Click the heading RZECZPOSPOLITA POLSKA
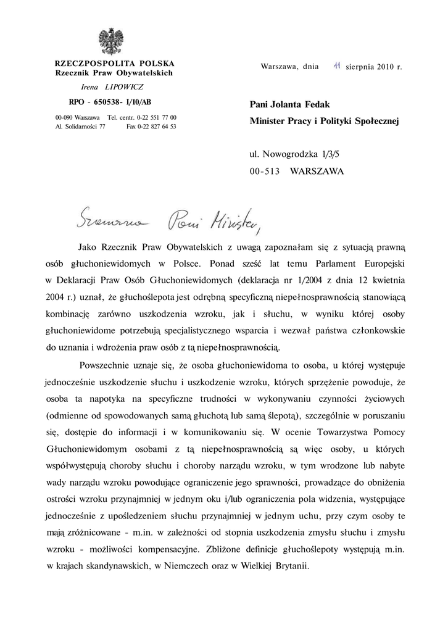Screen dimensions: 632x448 [x=114, y=64]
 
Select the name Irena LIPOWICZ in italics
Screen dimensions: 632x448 [x=112, y=87]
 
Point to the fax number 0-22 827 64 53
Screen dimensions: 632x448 [x=151, y=126]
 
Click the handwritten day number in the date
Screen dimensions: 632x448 [x=337, y=65]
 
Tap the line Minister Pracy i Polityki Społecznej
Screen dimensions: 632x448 [x=324, y=122]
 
